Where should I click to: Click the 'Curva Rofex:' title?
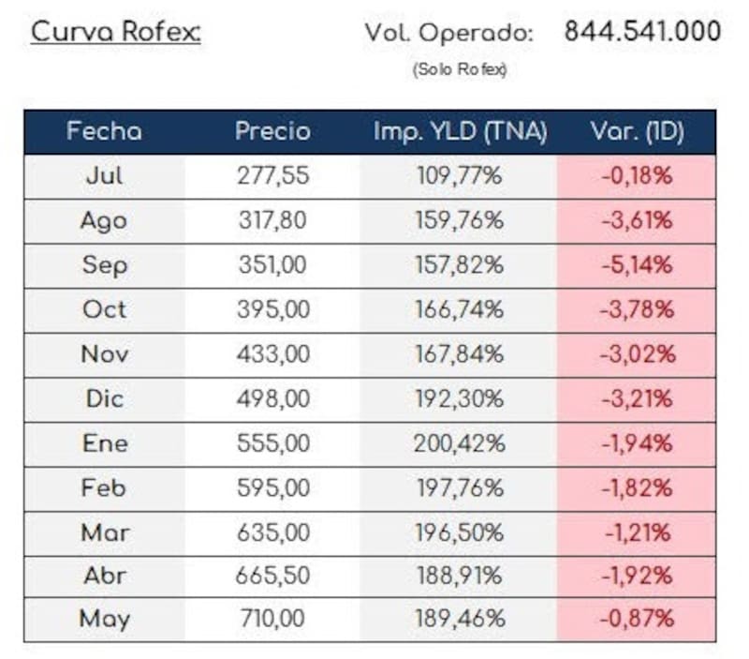click(115, 33)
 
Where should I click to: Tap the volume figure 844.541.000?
click(642, 31)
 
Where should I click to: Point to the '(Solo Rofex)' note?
click(460, 69)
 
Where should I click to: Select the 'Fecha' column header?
click(104, 131)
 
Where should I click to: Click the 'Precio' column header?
click(272, 131)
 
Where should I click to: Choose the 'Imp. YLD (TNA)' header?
click(460, 131)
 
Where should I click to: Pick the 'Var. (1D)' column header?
click(638, 131)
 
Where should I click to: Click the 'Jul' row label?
click(104, 175)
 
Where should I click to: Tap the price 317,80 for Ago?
click(272, 220)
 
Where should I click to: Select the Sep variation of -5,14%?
click(638, 265)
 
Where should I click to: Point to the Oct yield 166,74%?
click(460, 309)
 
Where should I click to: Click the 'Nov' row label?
click(105, 354)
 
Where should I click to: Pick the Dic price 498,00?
click(273, 398)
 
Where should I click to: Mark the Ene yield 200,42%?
click(460, 443)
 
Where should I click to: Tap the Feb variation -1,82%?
click(638, 488)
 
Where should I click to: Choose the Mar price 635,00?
click(273, 532)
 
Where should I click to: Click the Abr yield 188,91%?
click(460, 576)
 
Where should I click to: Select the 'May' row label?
click(105, 619)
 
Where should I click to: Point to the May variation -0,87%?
click(638, 619)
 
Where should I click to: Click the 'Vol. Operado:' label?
click(449, 33)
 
